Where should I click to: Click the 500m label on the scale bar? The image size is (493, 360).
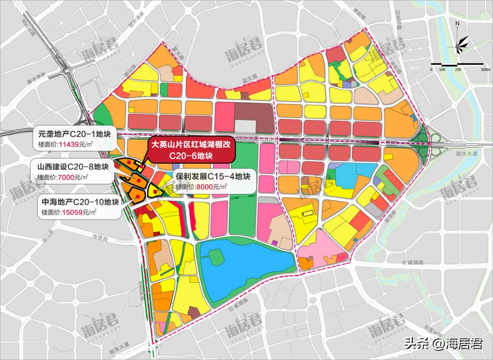485,70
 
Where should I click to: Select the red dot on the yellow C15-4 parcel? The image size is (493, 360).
157,193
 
